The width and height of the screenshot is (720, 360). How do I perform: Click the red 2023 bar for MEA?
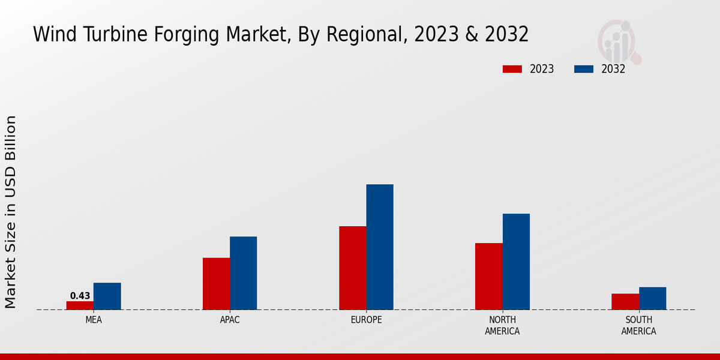pyautogui.click(x=80, y=305)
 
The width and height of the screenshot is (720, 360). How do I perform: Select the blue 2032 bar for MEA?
pyautogui.click(x=107, y=296)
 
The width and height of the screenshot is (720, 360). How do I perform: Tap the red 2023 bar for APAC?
pyautogui.click(x=216, y=284)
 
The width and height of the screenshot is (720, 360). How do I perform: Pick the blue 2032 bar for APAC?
pyautogui.click(x=243, y=273)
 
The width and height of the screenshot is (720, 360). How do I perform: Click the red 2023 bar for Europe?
pyautogui.click(x=352, y=268)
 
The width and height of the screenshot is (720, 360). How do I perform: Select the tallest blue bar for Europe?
pyautogui.click(x=380, y=247)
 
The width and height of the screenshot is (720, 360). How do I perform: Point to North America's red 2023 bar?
pyautogui.click(x=489, y=277)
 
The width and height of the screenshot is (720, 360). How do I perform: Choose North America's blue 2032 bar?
pyautogui.click(x=516, y=262)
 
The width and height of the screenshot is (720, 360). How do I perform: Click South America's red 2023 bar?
pyautogui.click(x=625, y=302)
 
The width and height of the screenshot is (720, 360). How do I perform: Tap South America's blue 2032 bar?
pyautogui.click(x=652, y=298)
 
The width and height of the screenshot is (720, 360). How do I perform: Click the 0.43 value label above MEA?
pyautogui.click(x=80, y=296)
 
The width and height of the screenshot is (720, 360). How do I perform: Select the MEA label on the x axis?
pyautogui.click(x=94, y=320)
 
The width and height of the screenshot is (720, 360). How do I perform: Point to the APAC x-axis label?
pyautogui.click(x=230, y=320)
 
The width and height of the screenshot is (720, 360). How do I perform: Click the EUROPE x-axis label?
pyautogui.click(x=366, y=320)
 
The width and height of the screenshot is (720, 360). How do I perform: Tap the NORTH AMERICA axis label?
pyautogui.click(x=502, y=325)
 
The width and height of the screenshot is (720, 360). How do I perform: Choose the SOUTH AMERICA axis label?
pyautogui.click(x=638, y=325)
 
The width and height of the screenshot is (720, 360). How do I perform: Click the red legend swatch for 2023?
pyautogui.click(x=512, y=69)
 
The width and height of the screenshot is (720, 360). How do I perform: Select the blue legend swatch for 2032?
pyautogui.click(x=584, y=69)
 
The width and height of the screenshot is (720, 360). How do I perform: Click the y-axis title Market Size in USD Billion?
pyautogui.click(x=11, y=212)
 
